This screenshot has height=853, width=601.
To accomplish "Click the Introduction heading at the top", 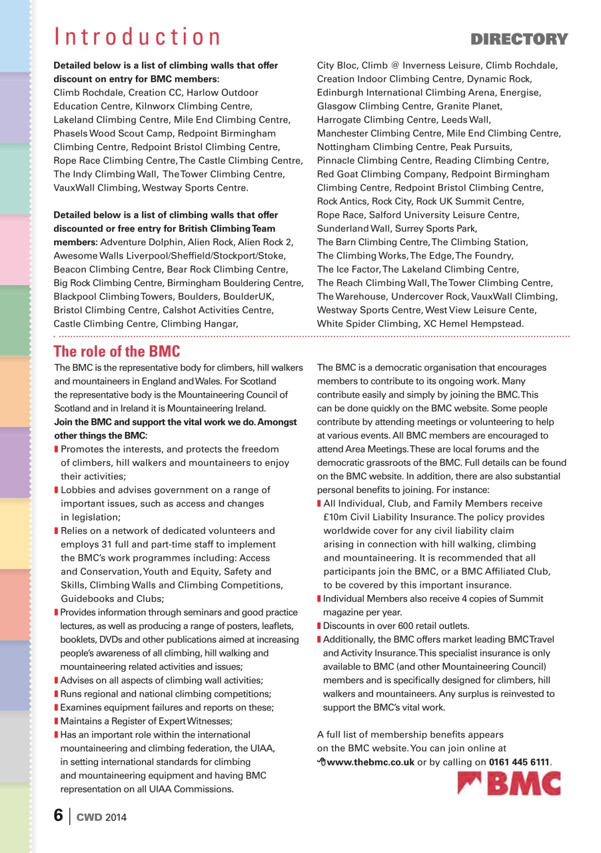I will (137, 37).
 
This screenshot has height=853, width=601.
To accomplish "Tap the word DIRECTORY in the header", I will (520, 39).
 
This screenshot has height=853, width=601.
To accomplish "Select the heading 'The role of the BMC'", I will (117, 351).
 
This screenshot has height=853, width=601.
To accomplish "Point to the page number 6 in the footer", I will (58, 815).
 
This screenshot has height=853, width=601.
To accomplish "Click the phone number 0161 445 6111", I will (520, 762).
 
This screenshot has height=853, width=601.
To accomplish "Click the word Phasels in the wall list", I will (71, 133).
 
